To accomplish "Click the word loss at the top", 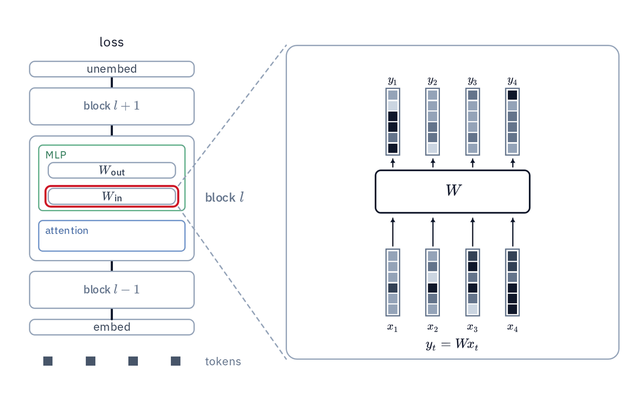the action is tap(111, 42).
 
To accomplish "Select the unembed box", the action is tap(112, 69).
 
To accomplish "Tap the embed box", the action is tap(112, 327).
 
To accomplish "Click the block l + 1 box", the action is tap(112, 106).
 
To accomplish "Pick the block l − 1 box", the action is tap(112, 290).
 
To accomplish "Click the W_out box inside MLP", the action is tap(112, 170).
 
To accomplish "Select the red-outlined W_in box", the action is tap(112, 196).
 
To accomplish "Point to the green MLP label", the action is tap(56, 155).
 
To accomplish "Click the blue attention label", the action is tap(67, 230).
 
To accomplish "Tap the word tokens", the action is tap(223, 362).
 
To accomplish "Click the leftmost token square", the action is tap(48, 361).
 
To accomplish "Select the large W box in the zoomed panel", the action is tap(453, 192).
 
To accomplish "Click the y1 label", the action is tap(392, 81).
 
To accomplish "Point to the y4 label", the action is tap(512, 81).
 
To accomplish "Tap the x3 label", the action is tap(472, 328).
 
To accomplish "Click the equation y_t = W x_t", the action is tap(452, 345).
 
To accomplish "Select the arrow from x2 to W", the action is tap(433, 232).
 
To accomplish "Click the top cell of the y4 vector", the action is tap(512, 95).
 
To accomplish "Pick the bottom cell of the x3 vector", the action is tap(473, 310).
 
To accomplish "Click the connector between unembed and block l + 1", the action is tap(112, 82).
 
